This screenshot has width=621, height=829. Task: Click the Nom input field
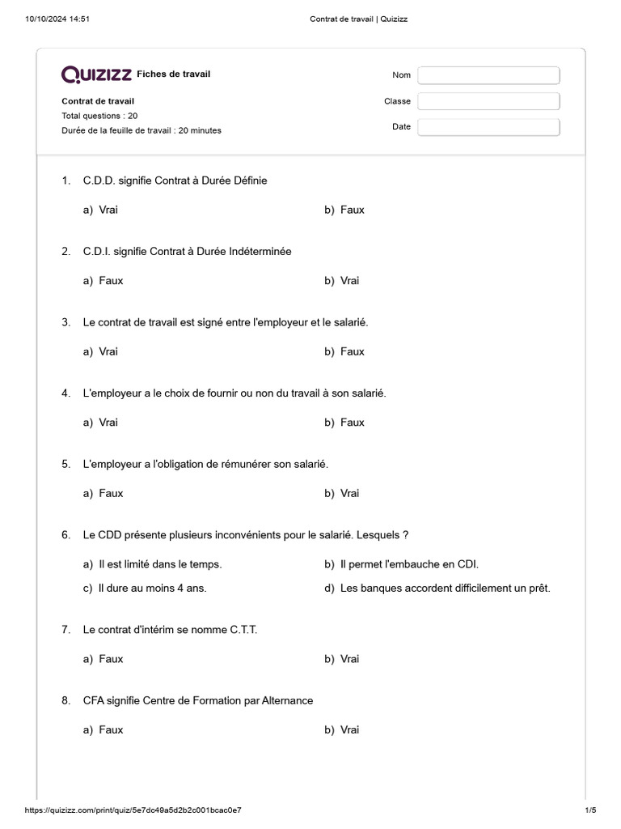(488, 75)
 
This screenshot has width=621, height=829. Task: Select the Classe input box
(488, 101)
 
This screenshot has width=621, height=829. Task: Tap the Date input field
(488, 127)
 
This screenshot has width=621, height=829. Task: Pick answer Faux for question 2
(111, 281)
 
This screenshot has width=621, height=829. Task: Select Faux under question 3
(352, 351)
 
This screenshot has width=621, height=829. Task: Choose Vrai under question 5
(349, 493)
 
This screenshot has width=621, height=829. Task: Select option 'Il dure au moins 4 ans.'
(152, 589)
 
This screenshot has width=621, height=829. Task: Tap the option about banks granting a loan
(445, 589)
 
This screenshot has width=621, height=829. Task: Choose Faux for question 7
(111, 659)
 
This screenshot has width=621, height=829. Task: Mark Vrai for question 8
(349, 729)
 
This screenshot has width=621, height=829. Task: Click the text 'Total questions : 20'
(99, 116)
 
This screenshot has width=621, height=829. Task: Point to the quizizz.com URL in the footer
(133, 810)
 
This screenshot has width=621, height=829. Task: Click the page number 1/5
(589, 810)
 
